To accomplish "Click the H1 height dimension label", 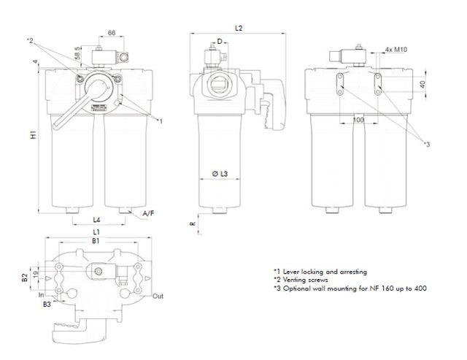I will pyautogui.click(x=34, y=137).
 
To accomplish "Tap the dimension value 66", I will pyautogui.click(x=112, y=34).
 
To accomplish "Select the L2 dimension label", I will pyautogui.click(x=239, y=27).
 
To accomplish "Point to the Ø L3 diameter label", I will pyautogui.click(x=220, y=173).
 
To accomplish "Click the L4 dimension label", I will pyautogui.click(x=96, y=219).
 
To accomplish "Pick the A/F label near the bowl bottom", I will pyautogui.click(x=148, y=212).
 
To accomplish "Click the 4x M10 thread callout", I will pyautogui.click(x=396, y=50).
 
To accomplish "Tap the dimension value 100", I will pyautogui.click(x=358, y=118).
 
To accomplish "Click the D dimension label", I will pyautogui.click(x=219, y=42).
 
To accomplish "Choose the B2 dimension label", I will pyautogui.click(x=24, y=277).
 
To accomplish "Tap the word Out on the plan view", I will pyautogui.click(x=158, y=296).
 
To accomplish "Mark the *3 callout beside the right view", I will pyautogui.click(x=427, y=145).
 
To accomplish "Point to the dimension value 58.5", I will pyautogui.click(x=77, y=54).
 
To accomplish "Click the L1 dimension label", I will pyautogui.click(x=96, y=231).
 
